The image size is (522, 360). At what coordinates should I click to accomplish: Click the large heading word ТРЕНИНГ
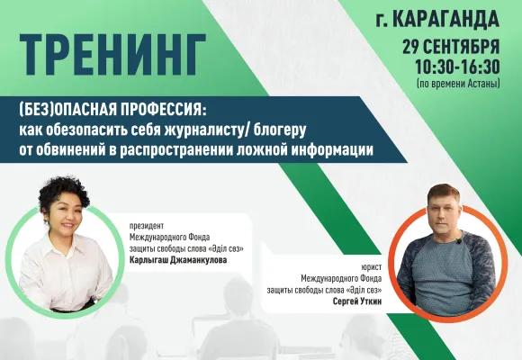coord(112,54)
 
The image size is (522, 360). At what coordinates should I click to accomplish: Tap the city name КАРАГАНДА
coord(446,19)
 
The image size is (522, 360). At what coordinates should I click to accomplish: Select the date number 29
coord(410,47)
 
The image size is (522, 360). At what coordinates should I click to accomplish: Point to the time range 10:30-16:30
coord(457,67)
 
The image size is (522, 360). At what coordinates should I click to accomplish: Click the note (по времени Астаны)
coord(458,84)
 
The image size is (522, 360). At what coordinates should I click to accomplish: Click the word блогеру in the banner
coord(280,130)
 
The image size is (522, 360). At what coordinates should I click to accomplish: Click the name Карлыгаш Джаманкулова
coord(178,260)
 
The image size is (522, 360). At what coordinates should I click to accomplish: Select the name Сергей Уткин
coord(357,301)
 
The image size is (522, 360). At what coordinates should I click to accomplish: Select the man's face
coord(444,217)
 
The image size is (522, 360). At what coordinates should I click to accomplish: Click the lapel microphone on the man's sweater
coord(460,240)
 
